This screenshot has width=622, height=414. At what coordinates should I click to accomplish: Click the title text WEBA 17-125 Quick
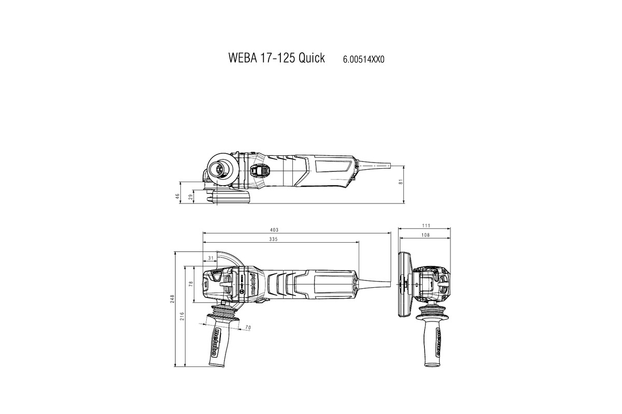[x=276, y=58]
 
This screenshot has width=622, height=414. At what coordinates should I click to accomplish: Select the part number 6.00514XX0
[x=363, y=59]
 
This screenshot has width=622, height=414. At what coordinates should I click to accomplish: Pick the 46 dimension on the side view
[x=177, y=196]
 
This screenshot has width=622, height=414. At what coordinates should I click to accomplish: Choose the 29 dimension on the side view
[x=190, y=197]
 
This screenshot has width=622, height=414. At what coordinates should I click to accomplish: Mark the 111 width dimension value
[x=427, y=226]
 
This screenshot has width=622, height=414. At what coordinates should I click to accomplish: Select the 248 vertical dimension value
[x=172, y=299]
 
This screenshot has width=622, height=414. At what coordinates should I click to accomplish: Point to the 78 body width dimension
[x=191, y=284]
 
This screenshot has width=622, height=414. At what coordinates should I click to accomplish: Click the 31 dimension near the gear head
[x=210, y=258]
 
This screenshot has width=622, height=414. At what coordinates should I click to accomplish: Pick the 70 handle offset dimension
[x=247, y=328]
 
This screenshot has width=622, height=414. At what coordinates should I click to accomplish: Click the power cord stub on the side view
[x=381, y=166]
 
